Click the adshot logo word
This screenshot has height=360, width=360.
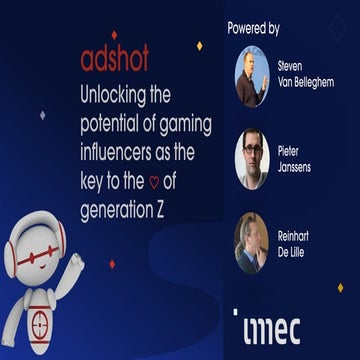(x=114, y=60)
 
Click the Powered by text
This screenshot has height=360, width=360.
(x=253, y=28)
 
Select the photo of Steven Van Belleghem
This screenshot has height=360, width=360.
(x=251, y=76)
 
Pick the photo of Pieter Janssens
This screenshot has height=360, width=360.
(x=251, y=159)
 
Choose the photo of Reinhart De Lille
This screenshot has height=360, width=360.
(x=251, y=242)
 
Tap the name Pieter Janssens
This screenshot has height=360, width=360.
(x=296, y=159)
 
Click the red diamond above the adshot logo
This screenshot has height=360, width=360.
(x=113, y=35)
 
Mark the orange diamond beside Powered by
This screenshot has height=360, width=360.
(x=199, y=46)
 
